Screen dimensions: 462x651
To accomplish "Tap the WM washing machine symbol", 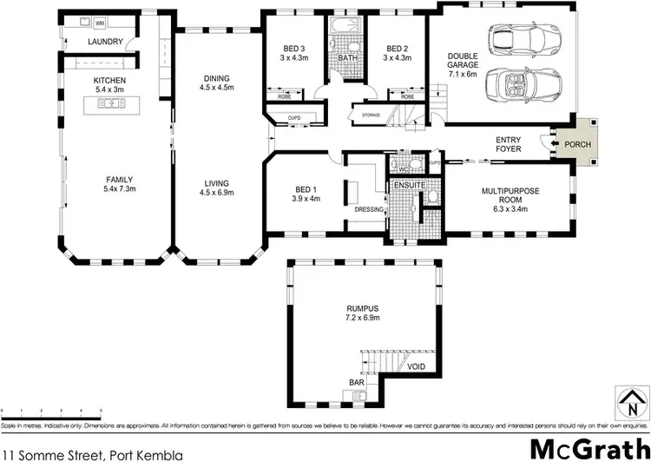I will tap(99, 22).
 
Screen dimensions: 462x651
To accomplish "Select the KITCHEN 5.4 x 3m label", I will tap(110, 86).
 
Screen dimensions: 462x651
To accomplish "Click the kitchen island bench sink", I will tap(110, 104).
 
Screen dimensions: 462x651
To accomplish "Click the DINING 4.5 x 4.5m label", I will tap(216, 82).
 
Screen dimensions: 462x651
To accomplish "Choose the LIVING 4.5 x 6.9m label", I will tap(216, 188).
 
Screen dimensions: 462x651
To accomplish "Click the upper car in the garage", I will tap(524, 38).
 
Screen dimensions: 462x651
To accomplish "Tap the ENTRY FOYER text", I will tap(509, 144).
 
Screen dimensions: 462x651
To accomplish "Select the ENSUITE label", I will tap(408, 184).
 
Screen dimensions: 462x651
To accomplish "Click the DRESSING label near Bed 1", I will tap(370, 209).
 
